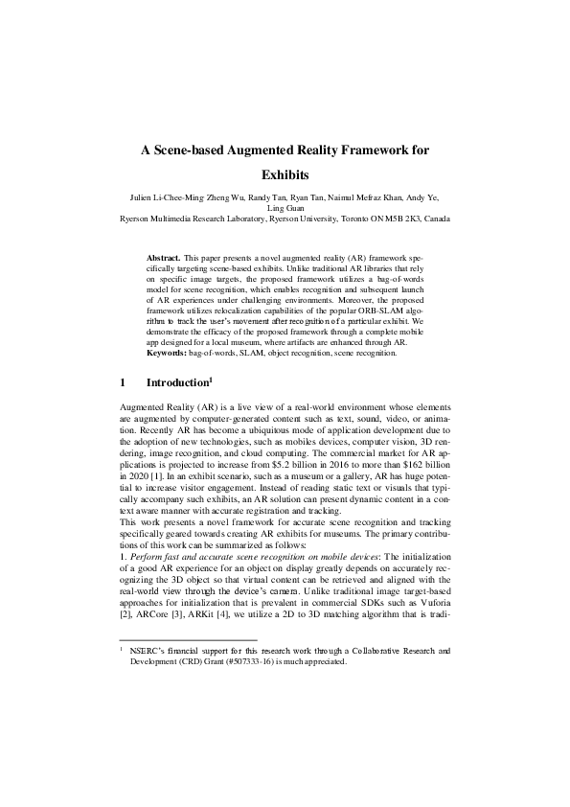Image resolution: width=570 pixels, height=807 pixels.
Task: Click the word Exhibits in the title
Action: [x=285, y=175]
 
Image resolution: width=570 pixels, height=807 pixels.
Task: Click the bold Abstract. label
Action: [x=164, y=259]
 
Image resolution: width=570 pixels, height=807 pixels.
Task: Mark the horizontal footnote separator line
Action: [x=188, y=640]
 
